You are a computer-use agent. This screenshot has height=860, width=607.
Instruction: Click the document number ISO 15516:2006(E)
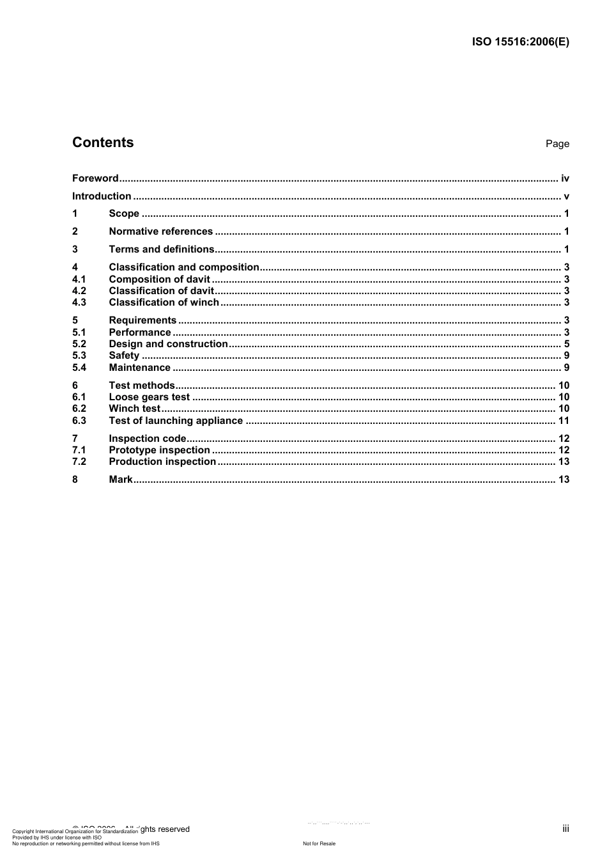520,42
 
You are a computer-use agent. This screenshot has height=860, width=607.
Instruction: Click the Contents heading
103,143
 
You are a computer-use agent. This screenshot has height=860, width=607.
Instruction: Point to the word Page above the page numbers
557,144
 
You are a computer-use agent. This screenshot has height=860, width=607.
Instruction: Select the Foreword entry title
95,178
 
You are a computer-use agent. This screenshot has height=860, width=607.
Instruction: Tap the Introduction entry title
102,196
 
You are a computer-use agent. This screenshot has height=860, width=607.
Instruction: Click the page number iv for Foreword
565,178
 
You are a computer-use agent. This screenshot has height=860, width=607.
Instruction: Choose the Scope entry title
124,214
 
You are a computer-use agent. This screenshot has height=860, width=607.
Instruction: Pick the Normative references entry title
160,231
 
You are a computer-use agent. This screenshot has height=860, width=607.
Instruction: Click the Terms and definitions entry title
162,249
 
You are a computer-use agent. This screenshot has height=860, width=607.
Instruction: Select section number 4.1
79,279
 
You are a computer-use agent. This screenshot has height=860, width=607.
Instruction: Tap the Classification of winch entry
164,302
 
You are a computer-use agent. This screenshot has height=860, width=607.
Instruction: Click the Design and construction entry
168,344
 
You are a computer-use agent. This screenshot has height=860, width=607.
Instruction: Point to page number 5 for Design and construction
567,344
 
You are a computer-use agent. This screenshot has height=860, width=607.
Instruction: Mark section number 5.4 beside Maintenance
79,368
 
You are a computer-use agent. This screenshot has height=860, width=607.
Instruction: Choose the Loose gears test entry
150,397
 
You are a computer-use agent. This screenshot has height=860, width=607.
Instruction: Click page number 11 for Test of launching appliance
564,421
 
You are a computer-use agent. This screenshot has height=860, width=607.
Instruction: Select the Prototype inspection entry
159,450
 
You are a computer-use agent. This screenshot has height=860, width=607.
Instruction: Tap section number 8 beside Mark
75,480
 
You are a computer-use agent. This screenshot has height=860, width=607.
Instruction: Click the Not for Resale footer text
319,843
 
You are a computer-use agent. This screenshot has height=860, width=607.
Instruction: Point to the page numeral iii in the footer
565,829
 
